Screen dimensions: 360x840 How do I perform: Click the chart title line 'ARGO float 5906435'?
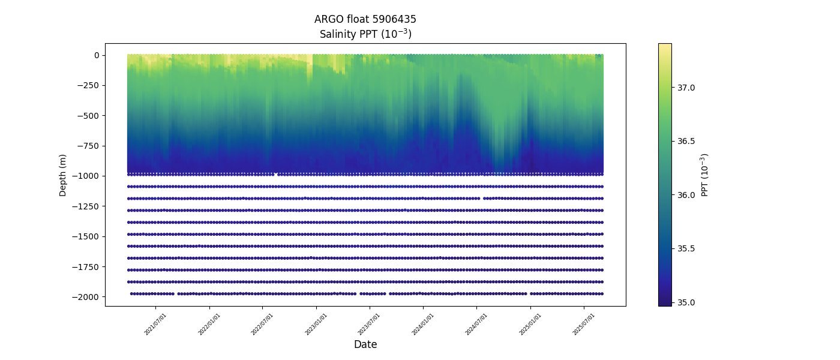tap(365, 19)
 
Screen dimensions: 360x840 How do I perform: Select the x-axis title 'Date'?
tap(365, 344)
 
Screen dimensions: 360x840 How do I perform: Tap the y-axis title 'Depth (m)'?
tap(63, 175)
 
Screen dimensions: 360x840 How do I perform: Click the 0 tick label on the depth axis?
tap(97, 55)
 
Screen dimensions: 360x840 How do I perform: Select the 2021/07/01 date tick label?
tap(156, 324)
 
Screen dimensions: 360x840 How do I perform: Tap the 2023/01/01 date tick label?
tap(317, 324)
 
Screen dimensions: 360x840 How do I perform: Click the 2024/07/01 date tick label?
tap(477, 324)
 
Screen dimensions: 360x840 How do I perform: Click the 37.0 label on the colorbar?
tap(686, 88)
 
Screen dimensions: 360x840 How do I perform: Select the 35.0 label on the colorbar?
tap(686, 302)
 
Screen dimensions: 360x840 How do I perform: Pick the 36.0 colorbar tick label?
tap(686, 194)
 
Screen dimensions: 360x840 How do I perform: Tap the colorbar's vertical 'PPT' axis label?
tap(706, 175)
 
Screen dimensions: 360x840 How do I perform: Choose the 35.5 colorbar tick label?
tap(686, 248)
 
